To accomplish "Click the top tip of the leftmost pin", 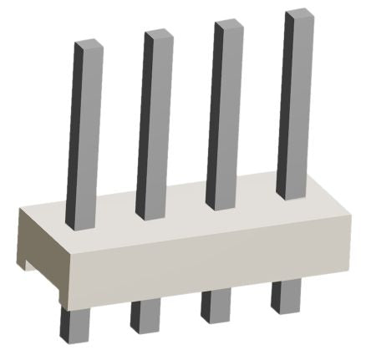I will [87, 44].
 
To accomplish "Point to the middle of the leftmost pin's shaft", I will [84, 134].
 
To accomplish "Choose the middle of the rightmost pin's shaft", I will [295, 104].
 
